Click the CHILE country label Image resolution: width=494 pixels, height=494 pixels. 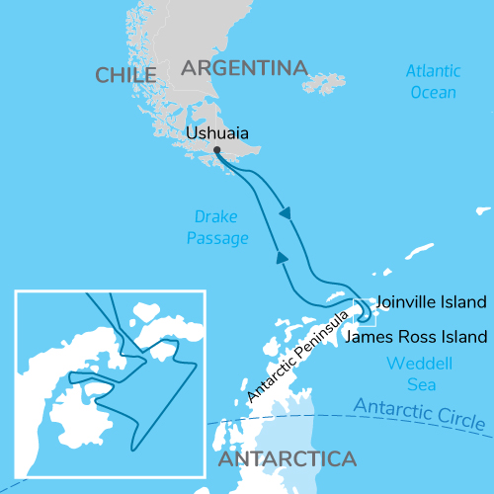click(126, 75)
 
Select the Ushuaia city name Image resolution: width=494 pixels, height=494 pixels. click(217, 132)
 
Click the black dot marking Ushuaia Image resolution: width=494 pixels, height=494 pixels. click(216, 150)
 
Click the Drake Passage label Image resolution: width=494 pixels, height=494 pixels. click(215, 227)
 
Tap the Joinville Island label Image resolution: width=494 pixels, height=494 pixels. click(433, 301)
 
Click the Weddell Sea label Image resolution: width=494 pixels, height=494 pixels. click(414, 372)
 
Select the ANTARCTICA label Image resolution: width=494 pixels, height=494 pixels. click(286, 459)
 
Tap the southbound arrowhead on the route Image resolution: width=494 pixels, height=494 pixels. click(286, 213)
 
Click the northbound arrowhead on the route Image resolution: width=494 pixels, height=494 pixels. click(282, 258)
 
